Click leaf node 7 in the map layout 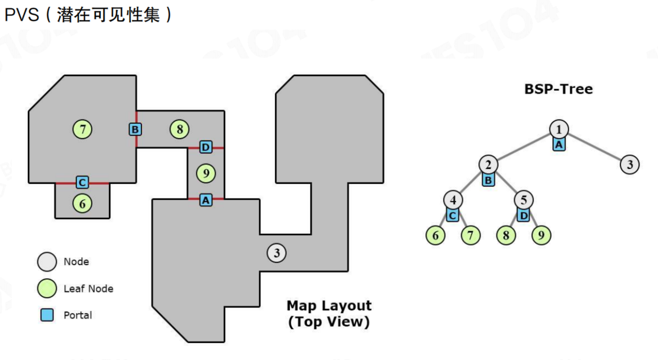(x=82, y=129)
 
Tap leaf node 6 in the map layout (x=82, y=204)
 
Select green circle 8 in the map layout (x=180, y=129)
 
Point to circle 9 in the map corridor (x=206, y=173)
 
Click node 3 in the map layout (x=277, y=253)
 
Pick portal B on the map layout (x=135, y=129)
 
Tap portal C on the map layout (x=82, y=183)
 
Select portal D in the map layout (x=206, y=147)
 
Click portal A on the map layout (x=206, y=200)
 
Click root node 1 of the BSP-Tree (x=559, y=129)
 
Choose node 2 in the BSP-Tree (x=488, y=164)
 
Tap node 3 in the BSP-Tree (x=630, y=164)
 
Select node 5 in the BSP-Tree (x=524, y=200)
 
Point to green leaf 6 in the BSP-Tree (x=435, y=236)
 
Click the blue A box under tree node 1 (x=559, y=145)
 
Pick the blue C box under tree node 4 (x=452, y=216)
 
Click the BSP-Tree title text (x=559, y=89)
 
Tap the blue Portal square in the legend (x=47, y=315)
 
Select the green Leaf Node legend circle (x=47, y=288)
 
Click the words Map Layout (x=329, y=306)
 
